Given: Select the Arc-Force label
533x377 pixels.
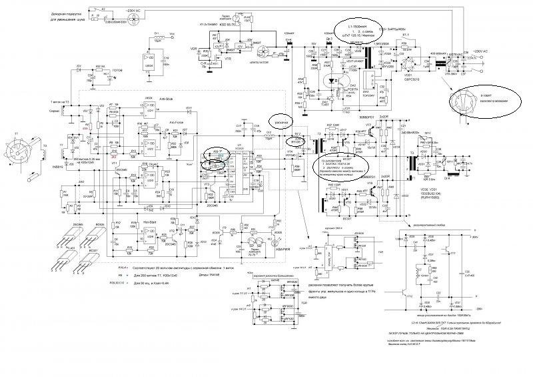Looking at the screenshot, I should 177,122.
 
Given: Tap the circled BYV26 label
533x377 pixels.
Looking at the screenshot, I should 297,142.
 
